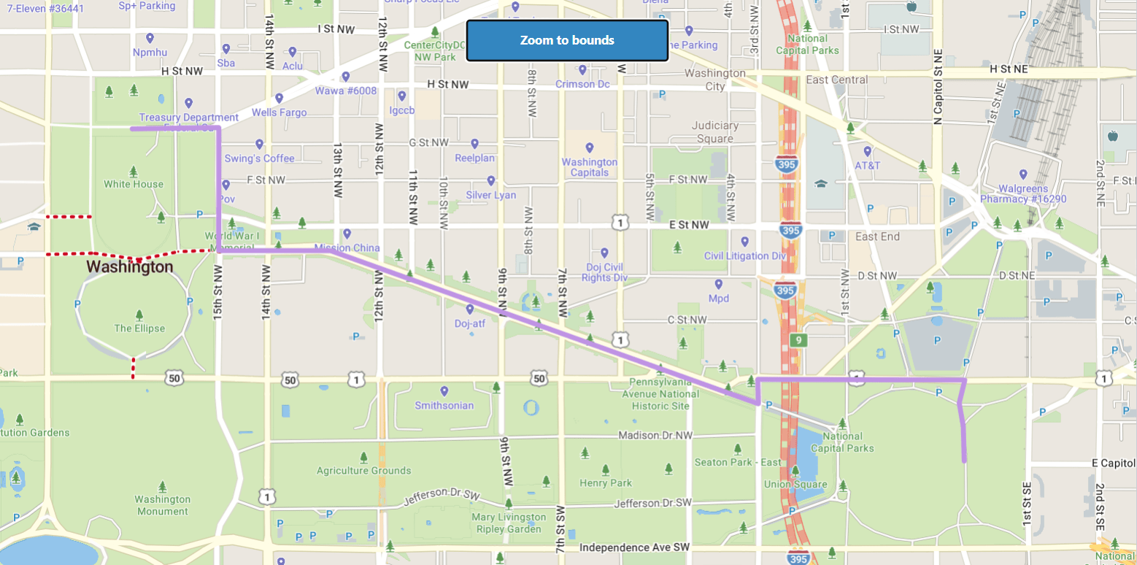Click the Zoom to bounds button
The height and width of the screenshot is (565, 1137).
(x=567, y=40)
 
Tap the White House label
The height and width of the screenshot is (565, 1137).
(x=133, y=184)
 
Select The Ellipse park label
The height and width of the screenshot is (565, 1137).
(x=139, y=328)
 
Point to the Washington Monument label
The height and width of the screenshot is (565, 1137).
(x=162, y=505)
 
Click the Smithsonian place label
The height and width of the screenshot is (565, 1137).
(x=444, y=405)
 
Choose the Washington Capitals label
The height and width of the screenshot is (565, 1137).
(x=589, y=167)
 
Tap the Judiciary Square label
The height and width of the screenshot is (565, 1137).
(x=714, y=132)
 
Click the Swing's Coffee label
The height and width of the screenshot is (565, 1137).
(x=259, y=158)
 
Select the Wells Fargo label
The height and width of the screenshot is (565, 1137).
(x=279, y=112)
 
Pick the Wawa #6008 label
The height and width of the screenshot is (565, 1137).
(x=345, y=91)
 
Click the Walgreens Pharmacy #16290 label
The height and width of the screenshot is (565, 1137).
(x=1023, y=193)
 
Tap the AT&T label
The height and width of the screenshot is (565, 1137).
(x=867, y=165)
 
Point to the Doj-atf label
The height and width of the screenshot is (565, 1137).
(x=469, y=323)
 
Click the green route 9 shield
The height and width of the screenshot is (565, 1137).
(x=799, y=340)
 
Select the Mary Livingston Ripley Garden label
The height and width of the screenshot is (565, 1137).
(x=509, y=523)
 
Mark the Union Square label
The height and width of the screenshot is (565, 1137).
(x=795, y=484)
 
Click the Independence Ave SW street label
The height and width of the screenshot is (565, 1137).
(x=633, y=547)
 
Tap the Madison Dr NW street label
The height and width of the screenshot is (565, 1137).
(x=655, y=435)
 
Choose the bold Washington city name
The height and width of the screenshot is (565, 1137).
(x=130, y=267)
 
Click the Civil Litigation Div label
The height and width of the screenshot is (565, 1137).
(x=744, y=255)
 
